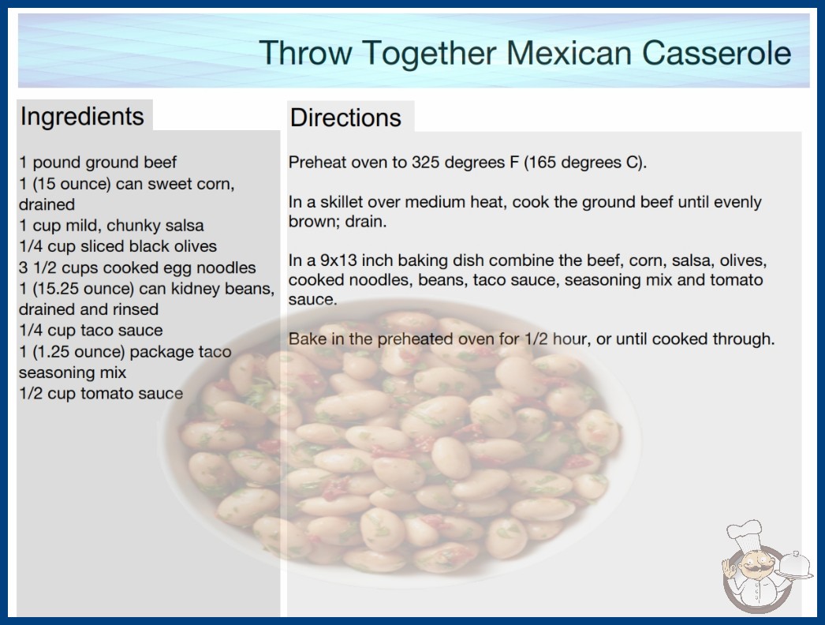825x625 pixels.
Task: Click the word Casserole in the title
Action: [x=716, y=53]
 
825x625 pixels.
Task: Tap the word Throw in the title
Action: [x=306, y=53]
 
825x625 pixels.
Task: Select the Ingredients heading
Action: [x=82, y=117]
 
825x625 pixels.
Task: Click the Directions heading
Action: [x=345, y=118]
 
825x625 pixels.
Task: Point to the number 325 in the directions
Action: [x=426, y=163]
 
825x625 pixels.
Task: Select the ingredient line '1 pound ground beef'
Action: [x=98, y=163]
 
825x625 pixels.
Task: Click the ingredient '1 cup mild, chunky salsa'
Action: [x=111, y=226]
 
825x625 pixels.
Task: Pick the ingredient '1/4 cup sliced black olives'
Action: [x=118, y=246]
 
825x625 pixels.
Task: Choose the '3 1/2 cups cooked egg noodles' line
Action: [x=137, y=268]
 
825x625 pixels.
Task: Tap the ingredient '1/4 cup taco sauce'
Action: [x=91, y=330]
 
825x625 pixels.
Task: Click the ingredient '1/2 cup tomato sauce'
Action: [x=101, y=393]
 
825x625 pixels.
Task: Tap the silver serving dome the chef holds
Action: [x=794, y=566]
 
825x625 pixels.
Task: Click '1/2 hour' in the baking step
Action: [x=555, y=339]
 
